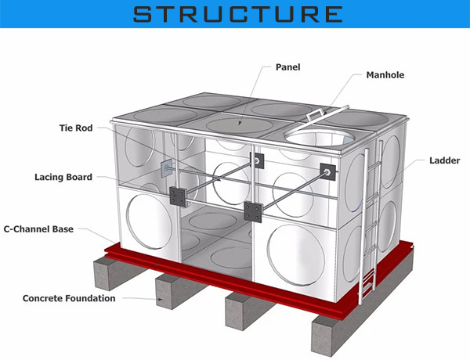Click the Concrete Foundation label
point(69,298)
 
